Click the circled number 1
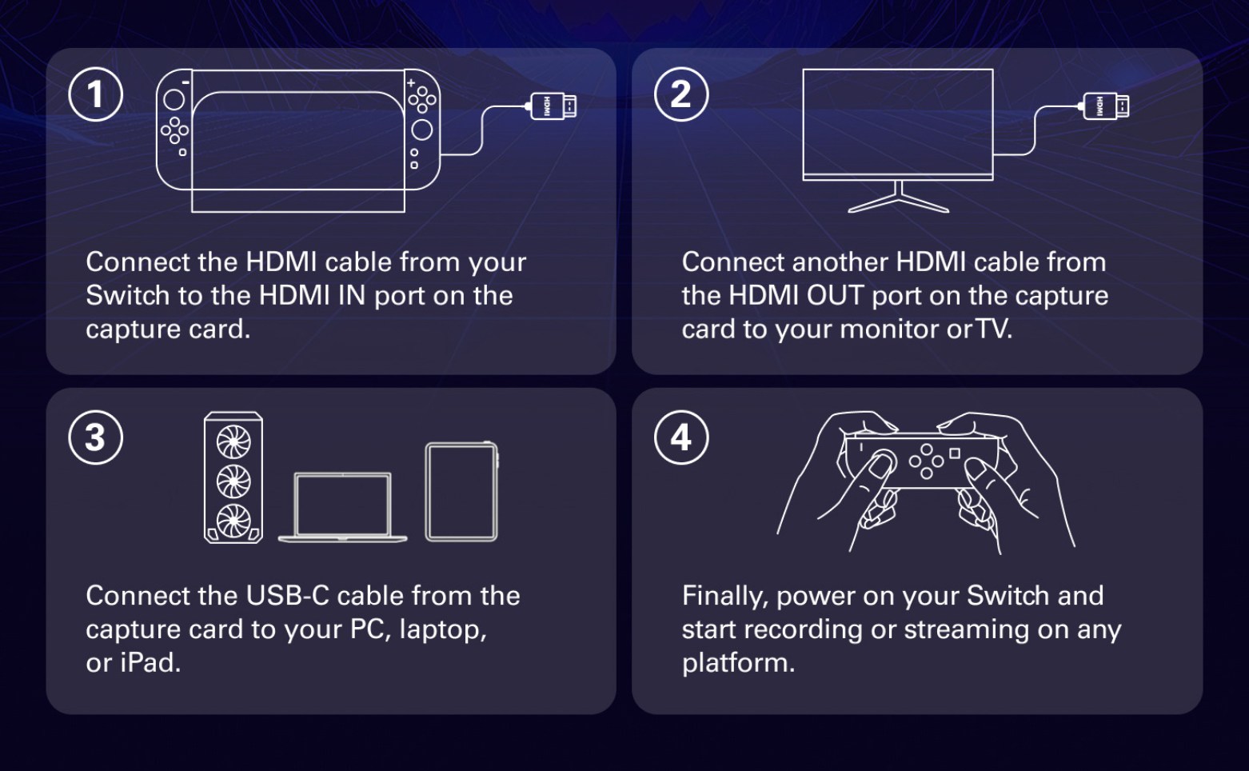coord(95,94)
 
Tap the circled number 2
coord(680,94)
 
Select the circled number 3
coord(95,437)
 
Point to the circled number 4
coord(680,437)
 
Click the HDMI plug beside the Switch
coord(552,106)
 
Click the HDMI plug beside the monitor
coord(1104,106)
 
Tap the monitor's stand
coord(898,198)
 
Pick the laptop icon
coord(342,507)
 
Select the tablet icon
coord(461,492)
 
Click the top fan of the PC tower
coord(233,441)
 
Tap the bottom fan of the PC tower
coord(233,521)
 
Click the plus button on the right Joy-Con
coord(411,83)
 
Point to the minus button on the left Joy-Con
coord(186,82)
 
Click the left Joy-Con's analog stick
coord(174,100)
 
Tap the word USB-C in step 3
coord(287,596)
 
